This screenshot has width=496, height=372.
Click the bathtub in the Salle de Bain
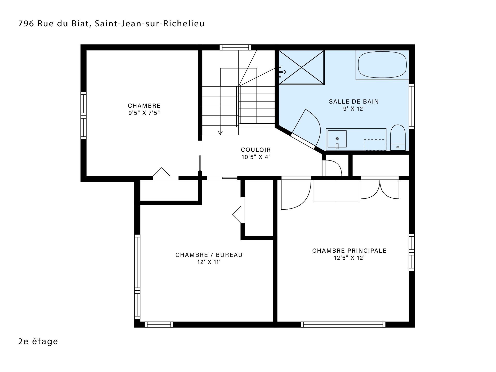pyautogui.click(x=382, y=65)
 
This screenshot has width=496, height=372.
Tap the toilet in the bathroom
pyautogui.click(x=398, y=138)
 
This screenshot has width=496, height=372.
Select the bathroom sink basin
pyautogui.click(x=337, y=139)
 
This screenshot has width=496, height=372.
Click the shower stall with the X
pyautogui.click(x=301, y=67)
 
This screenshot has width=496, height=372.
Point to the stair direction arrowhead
pyautogui.click(x=220, y=133)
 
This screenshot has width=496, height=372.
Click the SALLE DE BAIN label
pyautogui.click(x=354, y=102)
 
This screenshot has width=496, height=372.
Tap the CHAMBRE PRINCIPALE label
pyautogui.click(x=349, y=251)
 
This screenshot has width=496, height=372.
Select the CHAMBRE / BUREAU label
pyautogui.click(x=209, y=255)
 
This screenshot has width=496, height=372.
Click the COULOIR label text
pyautogui.click(x=256, y=150)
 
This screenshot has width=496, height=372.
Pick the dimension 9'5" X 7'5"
pyautogui.click(x=144, y=113)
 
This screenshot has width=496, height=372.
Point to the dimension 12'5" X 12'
pyautogui.click(x=349, y=258)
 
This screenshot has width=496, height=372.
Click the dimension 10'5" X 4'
pyautogui.click(x=256, y=157)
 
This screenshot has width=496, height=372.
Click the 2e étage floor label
pyautogui.click(x=38, y=342)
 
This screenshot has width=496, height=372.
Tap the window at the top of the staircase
pyautogui.click(x=235, y=47)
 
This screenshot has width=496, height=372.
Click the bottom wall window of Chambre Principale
pyautogui.click(x=343, y=324)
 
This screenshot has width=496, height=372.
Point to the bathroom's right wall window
pyautogui.click(x=412, y=106)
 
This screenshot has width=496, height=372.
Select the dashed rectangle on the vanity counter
pyautogui.click(x=374, y=145)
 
